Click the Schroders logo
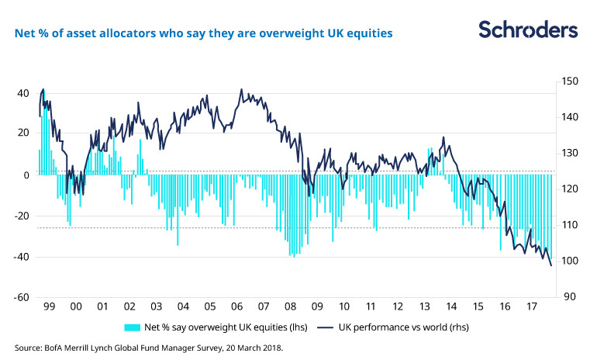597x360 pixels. (x=527, y=30)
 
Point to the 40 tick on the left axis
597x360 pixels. (x=22, y=93)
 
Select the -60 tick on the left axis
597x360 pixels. (x=21, y=297)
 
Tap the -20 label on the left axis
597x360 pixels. (x=21, y=216)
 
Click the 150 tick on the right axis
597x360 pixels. (x=569, y=81)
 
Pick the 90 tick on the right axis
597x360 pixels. (x=567, y=297)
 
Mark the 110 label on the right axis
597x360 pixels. (x=569, y=225)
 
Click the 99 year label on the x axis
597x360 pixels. (x=49, y=306)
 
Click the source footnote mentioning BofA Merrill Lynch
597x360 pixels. (x=149, y=348)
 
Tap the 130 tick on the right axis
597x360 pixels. (x=569, y=154)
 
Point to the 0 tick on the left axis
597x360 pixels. (x=26, y=175)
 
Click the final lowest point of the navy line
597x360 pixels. (x=551, y=266)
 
